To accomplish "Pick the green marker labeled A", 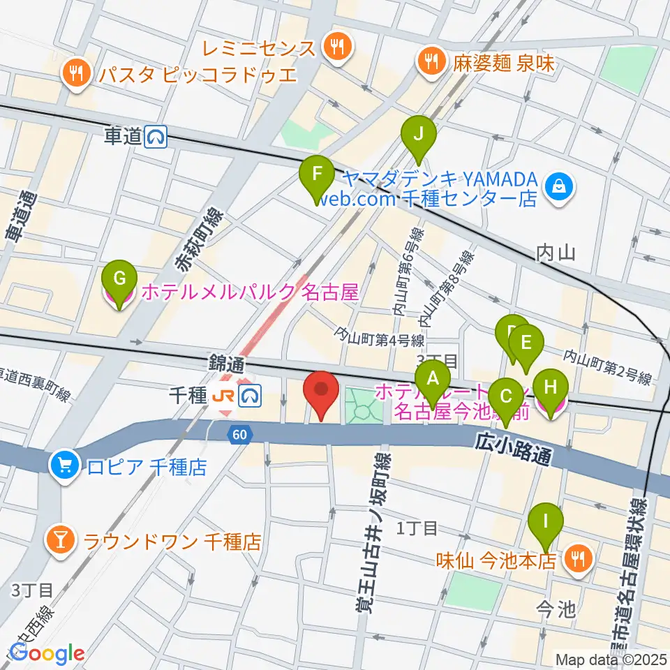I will pyautogui.click(x=433, y=381).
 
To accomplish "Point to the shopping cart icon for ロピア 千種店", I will pyautogui.click(x=64, y=464).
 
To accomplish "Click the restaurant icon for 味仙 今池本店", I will pyautogui.click(x=579, y=558).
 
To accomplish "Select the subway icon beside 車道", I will pyautogui.click(x=155, y=138).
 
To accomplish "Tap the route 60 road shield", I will pyautogui.click(x=239, y=435).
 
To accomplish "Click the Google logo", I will pyautogui.click(x=46, y=653).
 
